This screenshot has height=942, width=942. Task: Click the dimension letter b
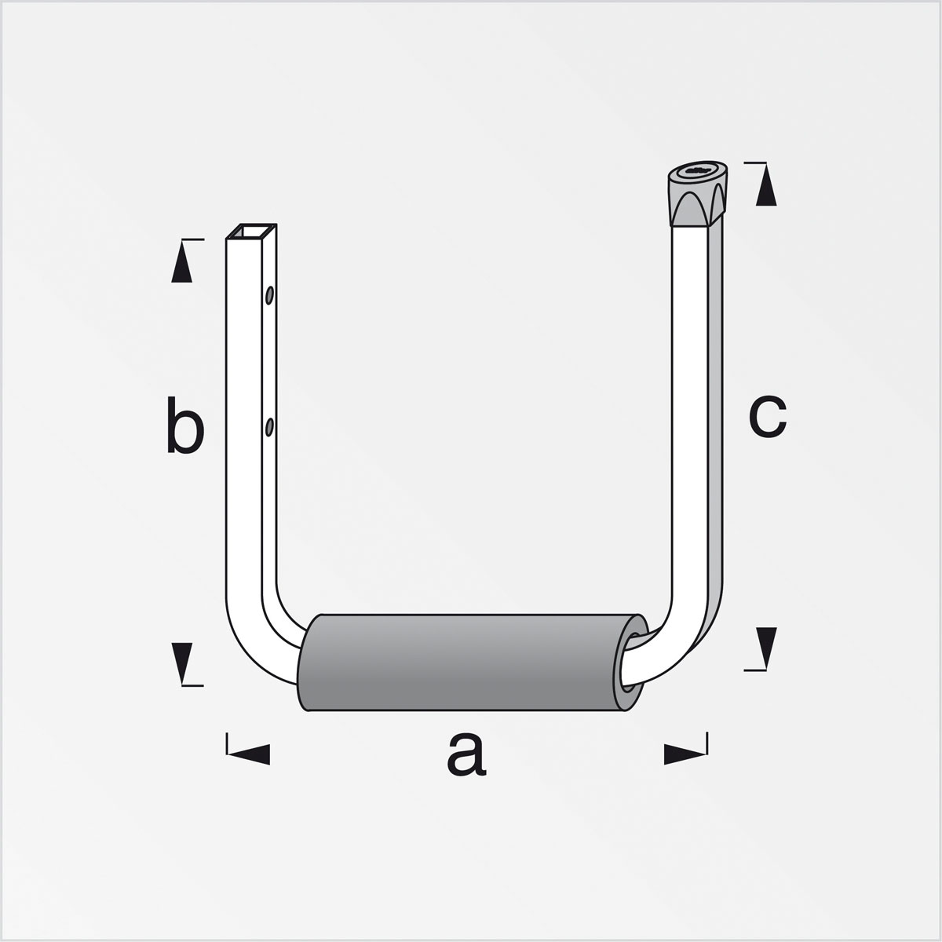pyautogui.click(x=184, y=425)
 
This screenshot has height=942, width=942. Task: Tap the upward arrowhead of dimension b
pyautogui.click(x=181, y=262)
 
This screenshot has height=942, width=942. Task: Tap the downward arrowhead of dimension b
pyautogui.click(x=182, y=663)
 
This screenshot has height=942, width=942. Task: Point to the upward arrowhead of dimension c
pyautogui.click(x=766, y=186)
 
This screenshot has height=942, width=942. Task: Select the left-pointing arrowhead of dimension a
pyautogui.click(x=249, y=754)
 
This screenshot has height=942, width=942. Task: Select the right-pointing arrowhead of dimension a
pyautogui.click(x=685, y=754)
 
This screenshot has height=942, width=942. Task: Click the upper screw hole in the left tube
pyautogui.click(x=269, y=295)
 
